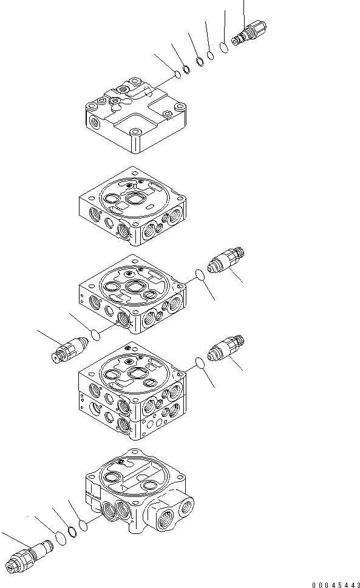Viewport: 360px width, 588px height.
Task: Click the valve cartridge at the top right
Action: (x=250, y=33)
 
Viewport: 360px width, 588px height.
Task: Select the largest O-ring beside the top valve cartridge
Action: (x=225, y=47)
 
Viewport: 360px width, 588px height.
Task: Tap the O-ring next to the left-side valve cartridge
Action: (x=95, y=333)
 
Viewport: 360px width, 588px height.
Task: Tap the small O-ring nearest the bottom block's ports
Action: (x=83, y=524)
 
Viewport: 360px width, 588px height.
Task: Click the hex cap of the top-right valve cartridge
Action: (x=259, y=27)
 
